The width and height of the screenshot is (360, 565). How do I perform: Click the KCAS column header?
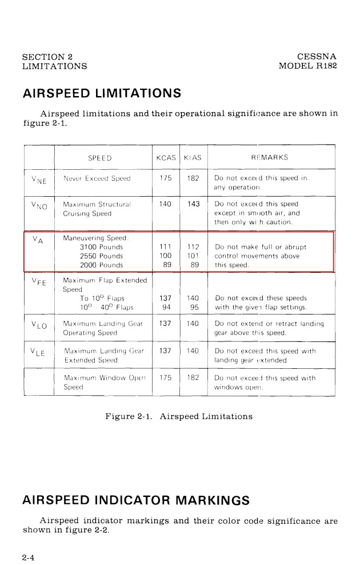pos(166,158)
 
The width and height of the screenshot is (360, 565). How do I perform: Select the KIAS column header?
pos(193,158)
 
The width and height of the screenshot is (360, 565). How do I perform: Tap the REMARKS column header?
pos(270,158)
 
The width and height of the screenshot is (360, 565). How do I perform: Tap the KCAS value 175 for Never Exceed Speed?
pos(166,178)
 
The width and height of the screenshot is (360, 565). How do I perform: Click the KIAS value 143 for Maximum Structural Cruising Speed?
pos(193,204)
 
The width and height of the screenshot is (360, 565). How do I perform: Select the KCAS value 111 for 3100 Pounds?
pos(166,247)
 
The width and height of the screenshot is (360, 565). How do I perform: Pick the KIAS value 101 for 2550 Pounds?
pos(193,256)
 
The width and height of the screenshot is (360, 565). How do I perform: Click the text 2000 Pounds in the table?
pos(102,265)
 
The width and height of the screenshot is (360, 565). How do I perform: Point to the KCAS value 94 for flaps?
pos(166,307)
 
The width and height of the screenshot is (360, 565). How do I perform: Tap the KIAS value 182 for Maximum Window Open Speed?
pos(193,378)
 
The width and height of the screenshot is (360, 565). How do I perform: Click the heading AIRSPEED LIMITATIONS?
pos(102,93)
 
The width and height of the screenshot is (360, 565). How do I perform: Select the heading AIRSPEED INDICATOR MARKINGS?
pos(136,500)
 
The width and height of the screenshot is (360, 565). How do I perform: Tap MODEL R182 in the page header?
pos(307,66)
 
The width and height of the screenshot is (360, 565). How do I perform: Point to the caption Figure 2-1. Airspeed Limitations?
pos(179,416)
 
